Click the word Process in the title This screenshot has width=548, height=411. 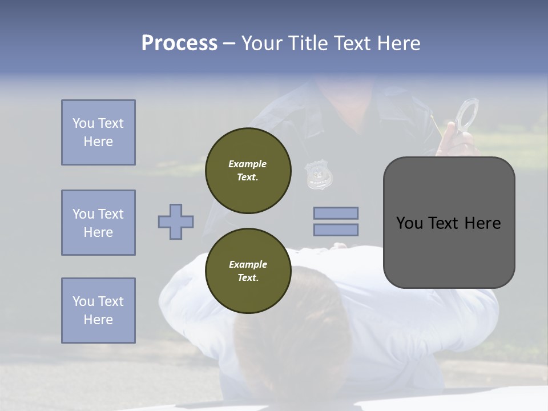coord(179,43)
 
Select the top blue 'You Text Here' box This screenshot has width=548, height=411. coord(98,132)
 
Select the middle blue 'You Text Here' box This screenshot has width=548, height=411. coord(98,223)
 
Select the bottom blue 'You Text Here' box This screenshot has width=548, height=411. coord(98,310)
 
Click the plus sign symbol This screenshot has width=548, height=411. coord(176,221)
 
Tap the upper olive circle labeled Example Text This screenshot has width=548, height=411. coord(248,171)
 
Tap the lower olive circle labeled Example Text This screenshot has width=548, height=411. coord(248,271)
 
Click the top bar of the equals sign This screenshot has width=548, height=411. coord(336,213)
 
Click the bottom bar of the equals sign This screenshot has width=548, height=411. coord(336,229)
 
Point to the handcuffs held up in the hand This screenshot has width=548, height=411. coord(468,114)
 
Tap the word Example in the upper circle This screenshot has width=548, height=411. coord(248,164)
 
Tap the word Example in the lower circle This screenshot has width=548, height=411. coord(248,264)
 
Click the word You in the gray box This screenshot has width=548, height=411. coord(409,223)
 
